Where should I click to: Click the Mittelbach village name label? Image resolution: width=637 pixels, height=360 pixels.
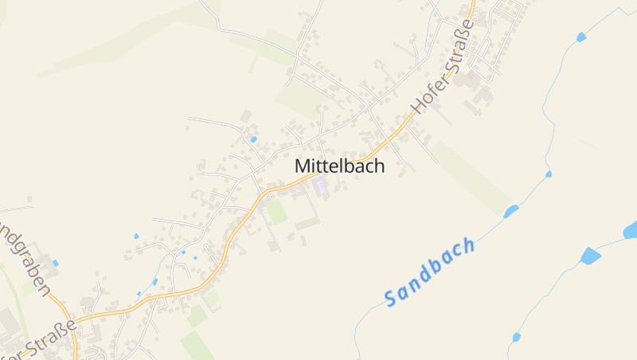pos(339,166)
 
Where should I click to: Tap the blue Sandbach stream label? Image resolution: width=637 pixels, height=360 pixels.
pos(430,272)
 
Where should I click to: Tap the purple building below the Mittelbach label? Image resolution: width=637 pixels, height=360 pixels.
pos(320,188)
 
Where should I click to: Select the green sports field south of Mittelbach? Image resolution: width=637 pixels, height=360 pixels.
pos(276,212)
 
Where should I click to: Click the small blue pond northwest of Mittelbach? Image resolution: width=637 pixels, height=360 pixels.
pos(253,139)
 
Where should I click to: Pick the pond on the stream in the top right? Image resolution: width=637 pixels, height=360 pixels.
pos(580,37)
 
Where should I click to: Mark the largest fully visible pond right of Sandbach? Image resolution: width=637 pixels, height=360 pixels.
pos(589,256)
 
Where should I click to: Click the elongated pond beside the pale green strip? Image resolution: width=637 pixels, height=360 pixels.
pos(510,211)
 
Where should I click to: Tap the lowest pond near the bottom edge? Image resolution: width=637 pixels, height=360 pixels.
pos(516,338)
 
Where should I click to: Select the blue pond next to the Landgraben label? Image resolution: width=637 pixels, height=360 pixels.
pos(55,262)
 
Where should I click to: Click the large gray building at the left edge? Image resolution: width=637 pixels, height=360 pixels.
pos(8,323)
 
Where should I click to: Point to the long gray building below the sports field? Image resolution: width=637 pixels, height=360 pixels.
pos(307,225)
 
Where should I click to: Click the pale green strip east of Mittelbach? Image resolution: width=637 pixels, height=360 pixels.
pos(474,177)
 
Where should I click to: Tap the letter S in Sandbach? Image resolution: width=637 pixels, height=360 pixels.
pos(390,299)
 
